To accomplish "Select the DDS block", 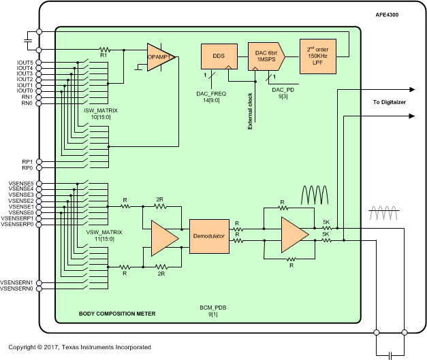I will [x=219, y=56].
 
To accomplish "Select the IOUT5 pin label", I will [x=25, y=63].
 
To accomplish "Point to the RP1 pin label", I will [x=28, y=161].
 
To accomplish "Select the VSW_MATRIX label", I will [x=103, y=233].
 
